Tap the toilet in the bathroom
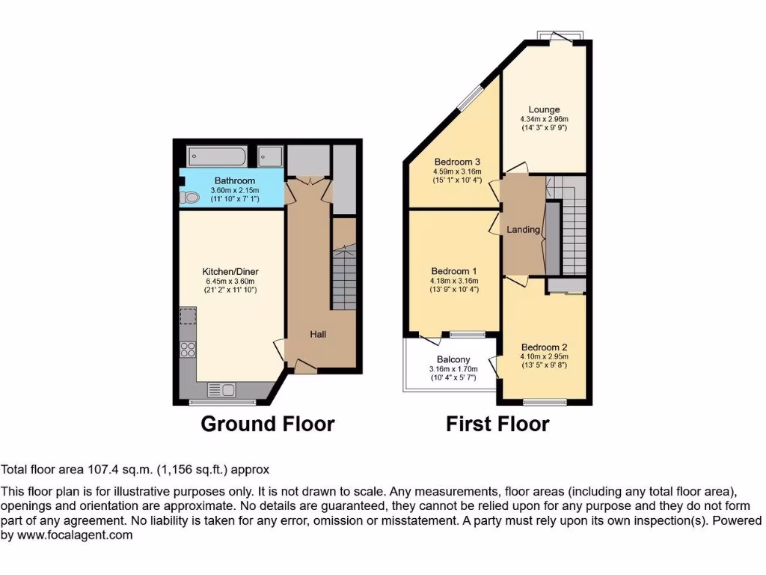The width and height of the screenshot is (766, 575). coord(191,198)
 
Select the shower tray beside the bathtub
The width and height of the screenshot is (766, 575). coord(270,156)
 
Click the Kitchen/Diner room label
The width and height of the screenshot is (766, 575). coord(230,271)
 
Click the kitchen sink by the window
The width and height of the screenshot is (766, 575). coord(222,389)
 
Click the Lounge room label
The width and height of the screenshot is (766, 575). coord(544,110)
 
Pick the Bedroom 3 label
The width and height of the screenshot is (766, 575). coord(456,162)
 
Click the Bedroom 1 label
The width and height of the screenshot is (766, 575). coord(454,271)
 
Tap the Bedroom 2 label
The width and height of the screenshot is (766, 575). coord(544,347)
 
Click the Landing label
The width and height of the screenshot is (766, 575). coord(524,229)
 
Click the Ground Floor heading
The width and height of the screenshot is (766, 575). coord(267,424)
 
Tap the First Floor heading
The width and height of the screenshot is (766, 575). coord(497,424)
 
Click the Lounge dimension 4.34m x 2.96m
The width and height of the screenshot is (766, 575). coord(544,119)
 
